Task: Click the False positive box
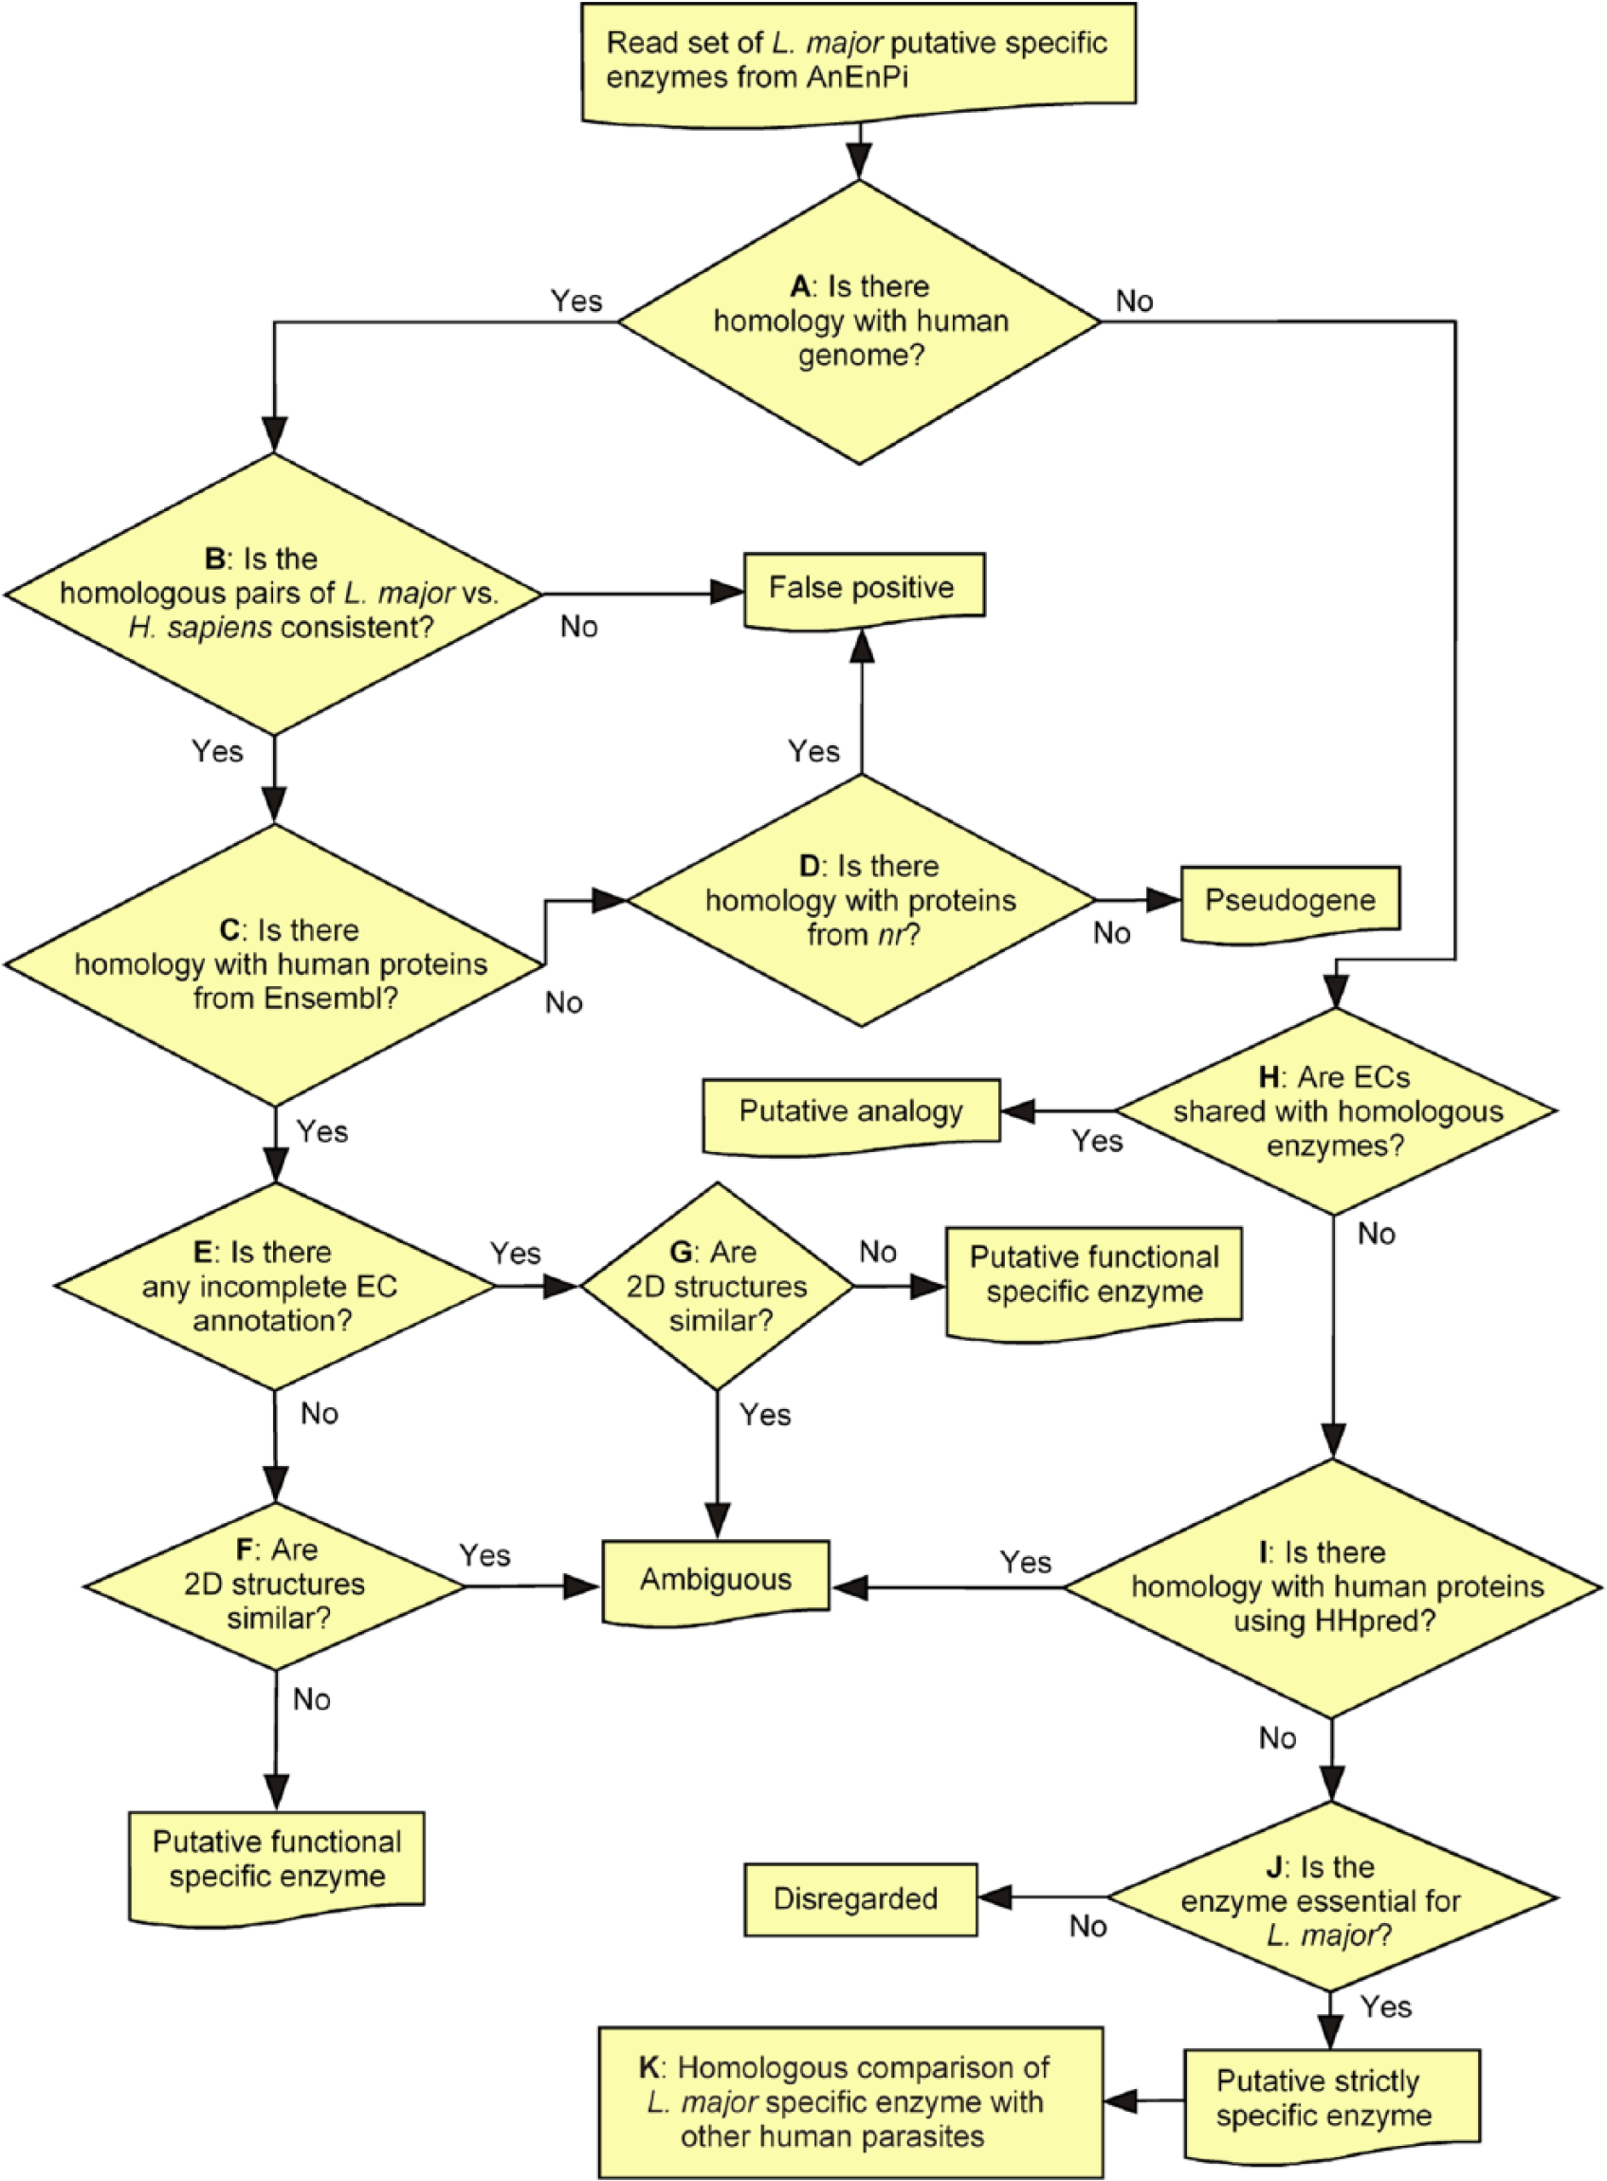pyautogui.click(x=864, y=591)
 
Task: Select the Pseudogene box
pyautogui.click(x=1291, y=903)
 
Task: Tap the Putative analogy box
pyautogui.click(x=851, y=1115)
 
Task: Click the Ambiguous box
pyautogui.click(x=716, y=1582)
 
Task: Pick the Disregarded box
pyautogui.click(x=861, y=1898)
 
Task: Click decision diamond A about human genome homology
pyautogui.click(x=860, y=322)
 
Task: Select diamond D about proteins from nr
pyautogui.click(x=861, y=901)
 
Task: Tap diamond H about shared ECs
pyautogui.click(x=1337, y=1111)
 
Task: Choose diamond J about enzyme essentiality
pyautogui.click(x=1333, y=1897)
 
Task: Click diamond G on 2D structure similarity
pyautogui.click(x=717, y=1286)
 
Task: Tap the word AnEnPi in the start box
pyautogui.click(x=856, y=77)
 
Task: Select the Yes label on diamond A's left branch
pyautogui.click(x=576, y=301)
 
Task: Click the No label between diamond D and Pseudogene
pyautogui.click(x=1112, y=933)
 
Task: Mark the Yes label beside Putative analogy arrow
pyautogui.click(x=1097, y=1141)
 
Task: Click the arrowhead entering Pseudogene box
pyautogui.click(x=1164, y=900)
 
